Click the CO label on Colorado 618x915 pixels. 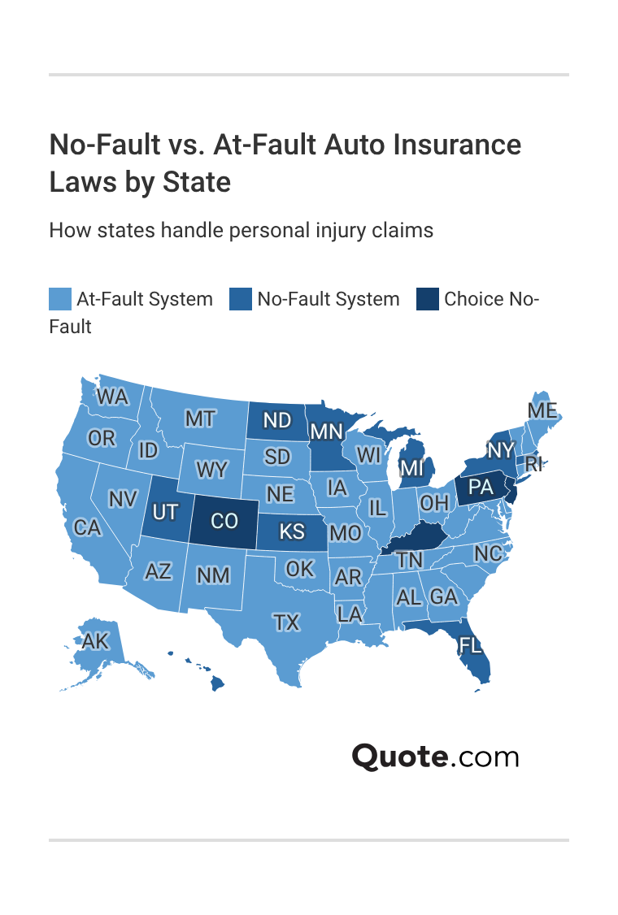coord(224,519)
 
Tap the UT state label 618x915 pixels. coord(165,513)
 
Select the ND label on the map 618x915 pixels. coord(277,420)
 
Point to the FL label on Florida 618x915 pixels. coord(470,645)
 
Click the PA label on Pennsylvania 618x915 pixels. coord(481,488)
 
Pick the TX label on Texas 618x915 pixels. coord(286,622)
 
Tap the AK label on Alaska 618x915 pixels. coord(95,641)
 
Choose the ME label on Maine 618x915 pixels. coord(542,410)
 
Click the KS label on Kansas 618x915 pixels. coord(292,531)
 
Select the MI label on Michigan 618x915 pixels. coord(412,468)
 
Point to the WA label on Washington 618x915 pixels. coord(112,397)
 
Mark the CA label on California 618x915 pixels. coord(87,527)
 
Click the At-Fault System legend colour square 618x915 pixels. coord(59,299)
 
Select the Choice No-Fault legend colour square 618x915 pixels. coord(427,299)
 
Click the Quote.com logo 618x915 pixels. coord(435,757)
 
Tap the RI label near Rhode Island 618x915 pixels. coord(533,464)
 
